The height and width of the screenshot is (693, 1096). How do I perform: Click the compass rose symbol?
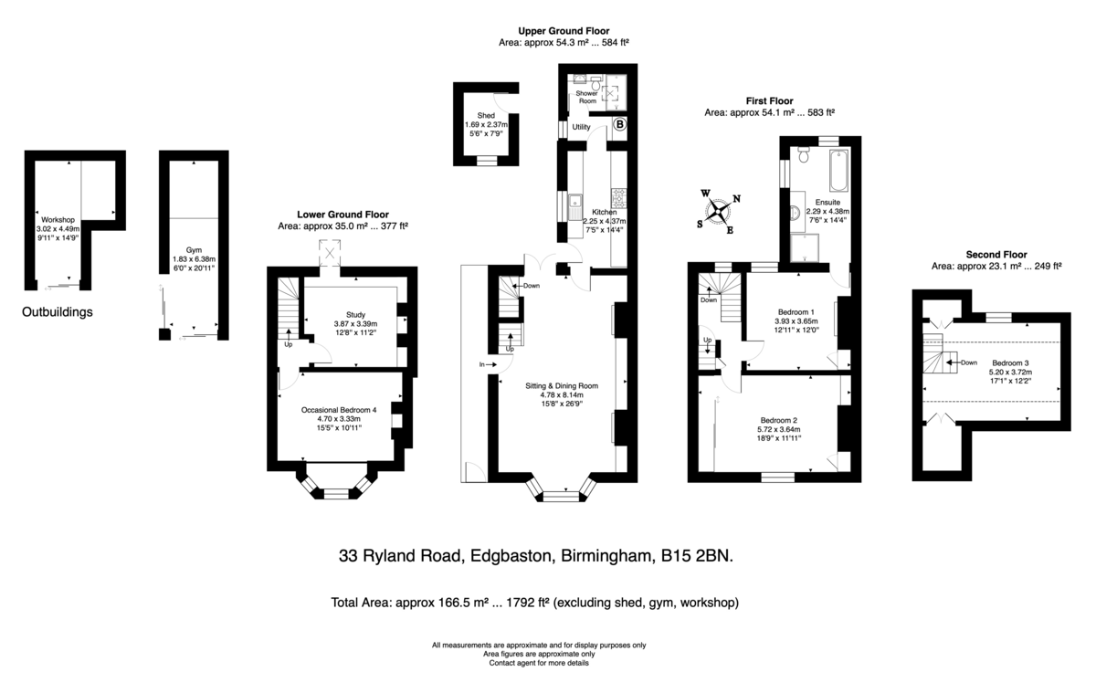pyautogui.click(x=718, y=213)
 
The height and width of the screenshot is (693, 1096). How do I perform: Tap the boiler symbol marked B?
pyautogui.click(x=620, y=124)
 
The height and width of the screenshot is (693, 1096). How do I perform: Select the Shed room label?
pyautogui.click(x=486, y=115)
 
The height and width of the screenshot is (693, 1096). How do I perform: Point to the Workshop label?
pyautogui.click(x=58, y=220)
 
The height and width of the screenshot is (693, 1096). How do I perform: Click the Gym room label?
pyautogui.click(x=194, y=250)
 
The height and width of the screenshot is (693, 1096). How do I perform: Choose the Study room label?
pyautogui.click(x=355, y=314)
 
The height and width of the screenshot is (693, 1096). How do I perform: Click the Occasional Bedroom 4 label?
pyautogui.click(x=339, y=410)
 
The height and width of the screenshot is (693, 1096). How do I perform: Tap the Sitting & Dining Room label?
pyautogui.click(x=562, y=385)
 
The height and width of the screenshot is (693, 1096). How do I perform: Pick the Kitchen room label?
pyautogui.click(x=605, y=212)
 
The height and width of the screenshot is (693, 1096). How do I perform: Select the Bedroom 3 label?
pyautogui.click(x=1010, y=362)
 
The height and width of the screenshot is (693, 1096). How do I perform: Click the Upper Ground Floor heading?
pyautogui.click(x=564, y=31)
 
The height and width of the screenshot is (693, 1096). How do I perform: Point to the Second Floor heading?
pyautogui.click(x=996, y=255)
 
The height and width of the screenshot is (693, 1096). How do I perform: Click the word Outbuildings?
pyautogui.click(x=58, y=312)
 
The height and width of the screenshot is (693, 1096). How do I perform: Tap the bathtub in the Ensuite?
pyautogui.click(x=839, y=170)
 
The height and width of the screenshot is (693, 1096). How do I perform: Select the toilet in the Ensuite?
pyautogui.click(x=804, y=154)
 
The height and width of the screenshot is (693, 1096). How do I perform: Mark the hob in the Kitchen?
pyautogui.click(x=618, y=198)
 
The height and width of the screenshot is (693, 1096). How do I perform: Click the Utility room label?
pyautogui.click(x=581, y=127)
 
